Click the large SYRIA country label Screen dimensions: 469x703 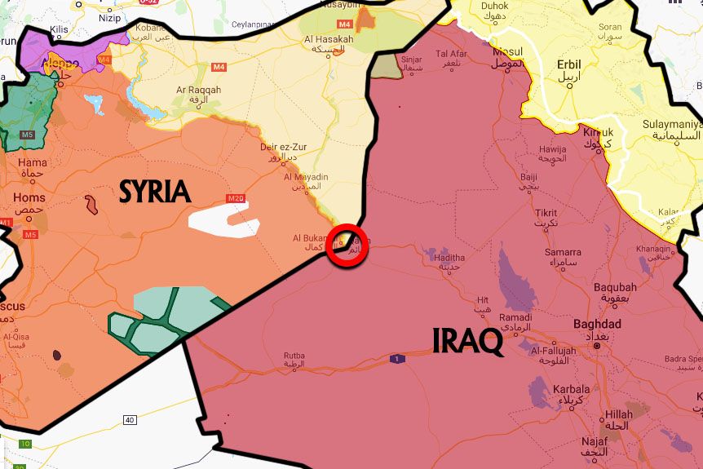point(155,192)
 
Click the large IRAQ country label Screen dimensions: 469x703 point(467,341)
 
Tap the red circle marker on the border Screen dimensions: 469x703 point(347,245)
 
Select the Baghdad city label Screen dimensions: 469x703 point(597,325)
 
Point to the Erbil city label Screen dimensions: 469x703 point(570,66)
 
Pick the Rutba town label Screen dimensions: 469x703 point(294,356)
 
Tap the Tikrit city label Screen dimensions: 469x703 point(546,214)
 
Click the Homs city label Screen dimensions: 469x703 point(29,198)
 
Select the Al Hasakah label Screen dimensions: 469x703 point(329,39)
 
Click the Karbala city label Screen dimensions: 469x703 point(571,389)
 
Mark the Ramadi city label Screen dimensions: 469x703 point(515,317)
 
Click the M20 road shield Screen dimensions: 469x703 point(236,198)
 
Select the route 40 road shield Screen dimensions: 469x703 point(130,420)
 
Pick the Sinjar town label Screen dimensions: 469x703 point(413,59)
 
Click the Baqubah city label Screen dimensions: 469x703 point(615,287)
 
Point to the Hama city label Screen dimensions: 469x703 point(33,162)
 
